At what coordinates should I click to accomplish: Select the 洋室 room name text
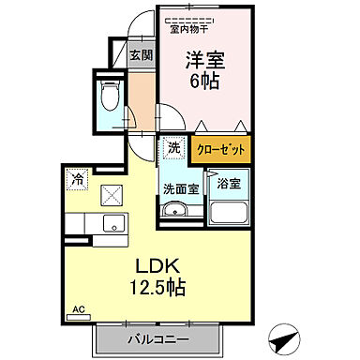click(x=202, y=59)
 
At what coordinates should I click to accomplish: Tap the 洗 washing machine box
click(x=174, y=147)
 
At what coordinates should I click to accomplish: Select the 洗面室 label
click(x=179, y=187)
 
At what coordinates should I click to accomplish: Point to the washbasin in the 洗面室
click(x=174, y=209)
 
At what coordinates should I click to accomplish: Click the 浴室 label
click(x=228, y=183)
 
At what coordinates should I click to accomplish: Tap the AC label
click(x=79, y=307)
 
